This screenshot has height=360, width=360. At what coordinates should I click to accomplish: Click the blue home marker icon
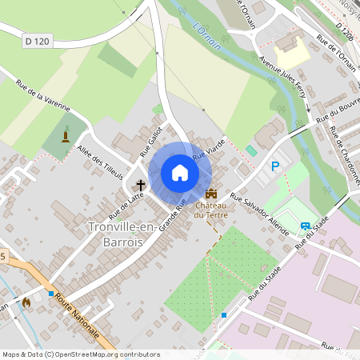pyautogui.click(x=180, y=173)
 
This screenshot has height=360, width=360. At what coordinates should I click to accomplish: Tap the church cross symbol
pyautogui.click(x=141, y=185)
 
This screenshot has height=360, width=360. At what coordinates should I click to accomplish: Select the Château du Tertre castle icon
pyautogui.click(x=212, y=194)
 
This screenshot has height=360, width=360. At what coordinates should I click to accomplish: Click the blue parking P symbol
pyautogui.click(x=275, y=166)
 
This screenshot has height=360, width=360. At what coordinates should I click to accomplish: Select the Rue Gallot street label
pyautogui.click(x=152, y=138)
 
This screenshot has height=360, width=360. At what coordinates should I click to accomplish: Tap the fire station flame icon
pyautogui.click(x=27, y=303)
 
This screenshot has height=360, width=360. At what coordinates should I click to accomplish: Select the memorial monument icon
pyautogui.click(x=66, y=134)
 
